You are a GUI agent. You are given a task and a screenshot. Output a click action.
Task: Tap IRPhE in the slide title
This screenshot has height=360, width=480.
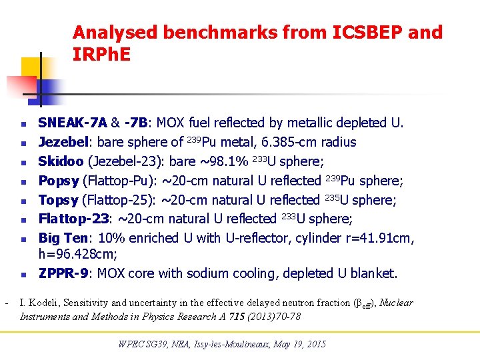102,55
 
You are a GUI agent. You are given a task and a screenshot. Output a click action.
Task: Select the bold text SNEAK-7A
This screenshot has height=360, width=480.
73,123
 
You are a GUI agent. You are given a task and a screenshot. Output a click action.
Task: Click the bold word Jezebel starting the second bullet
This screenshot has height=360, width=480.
64,142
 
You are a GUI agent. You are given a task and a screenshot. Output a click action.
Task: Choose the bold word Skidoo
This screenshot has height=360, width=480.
61,161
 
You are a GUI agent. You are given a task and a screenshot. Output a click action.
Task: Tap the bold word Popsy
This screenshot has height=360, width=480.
59,181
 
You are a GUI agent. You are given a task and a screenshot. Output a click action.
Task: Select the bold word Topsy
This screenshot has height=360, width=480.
59,200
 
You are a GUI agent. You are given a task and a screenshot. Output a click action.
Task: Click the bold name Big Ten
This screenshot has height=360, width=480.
63,238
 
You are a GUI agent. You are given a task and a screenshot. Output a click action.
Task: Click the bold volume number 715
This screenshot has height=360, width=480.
234,317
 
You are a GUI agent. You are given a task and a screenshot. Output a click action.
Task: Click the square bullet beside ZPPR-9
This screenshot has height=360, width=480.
23,274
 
